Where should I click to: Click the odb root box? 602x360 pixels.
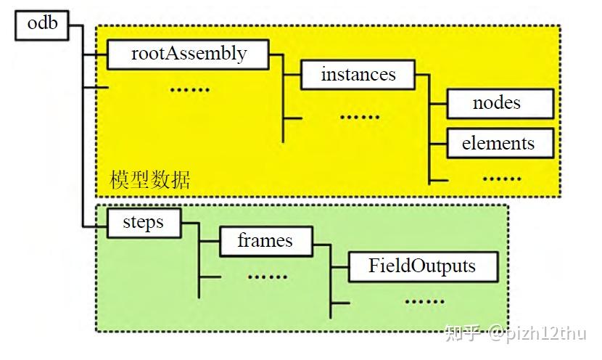click(42, 25)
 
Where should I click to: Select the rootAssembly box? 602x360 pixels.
click(188, 54)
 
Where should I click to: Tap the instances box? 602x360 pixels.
click(358, 75)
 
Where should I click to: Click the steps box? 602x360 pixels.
click(143, 222)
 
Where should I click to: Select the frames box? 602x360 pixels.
click(265, 241)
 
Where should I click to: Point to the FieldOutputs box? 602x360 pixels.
click(423, 266)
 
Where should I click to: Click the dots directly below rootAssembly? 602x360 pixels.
click(189, 89)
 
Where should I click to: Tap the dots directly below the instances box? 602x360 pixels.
click(360, 116)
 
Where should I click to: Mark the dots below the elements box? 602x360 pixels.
click(501, 178)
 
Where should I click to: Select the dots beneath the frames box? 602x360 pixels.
click(268, 276)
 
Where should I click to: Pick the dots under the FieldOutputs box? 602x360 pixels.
click(424, 300)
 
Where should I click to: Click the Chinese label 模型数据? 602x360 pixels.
click(150, 180)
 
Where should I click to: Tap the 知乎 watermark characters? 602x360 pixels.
click(463, 333)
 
